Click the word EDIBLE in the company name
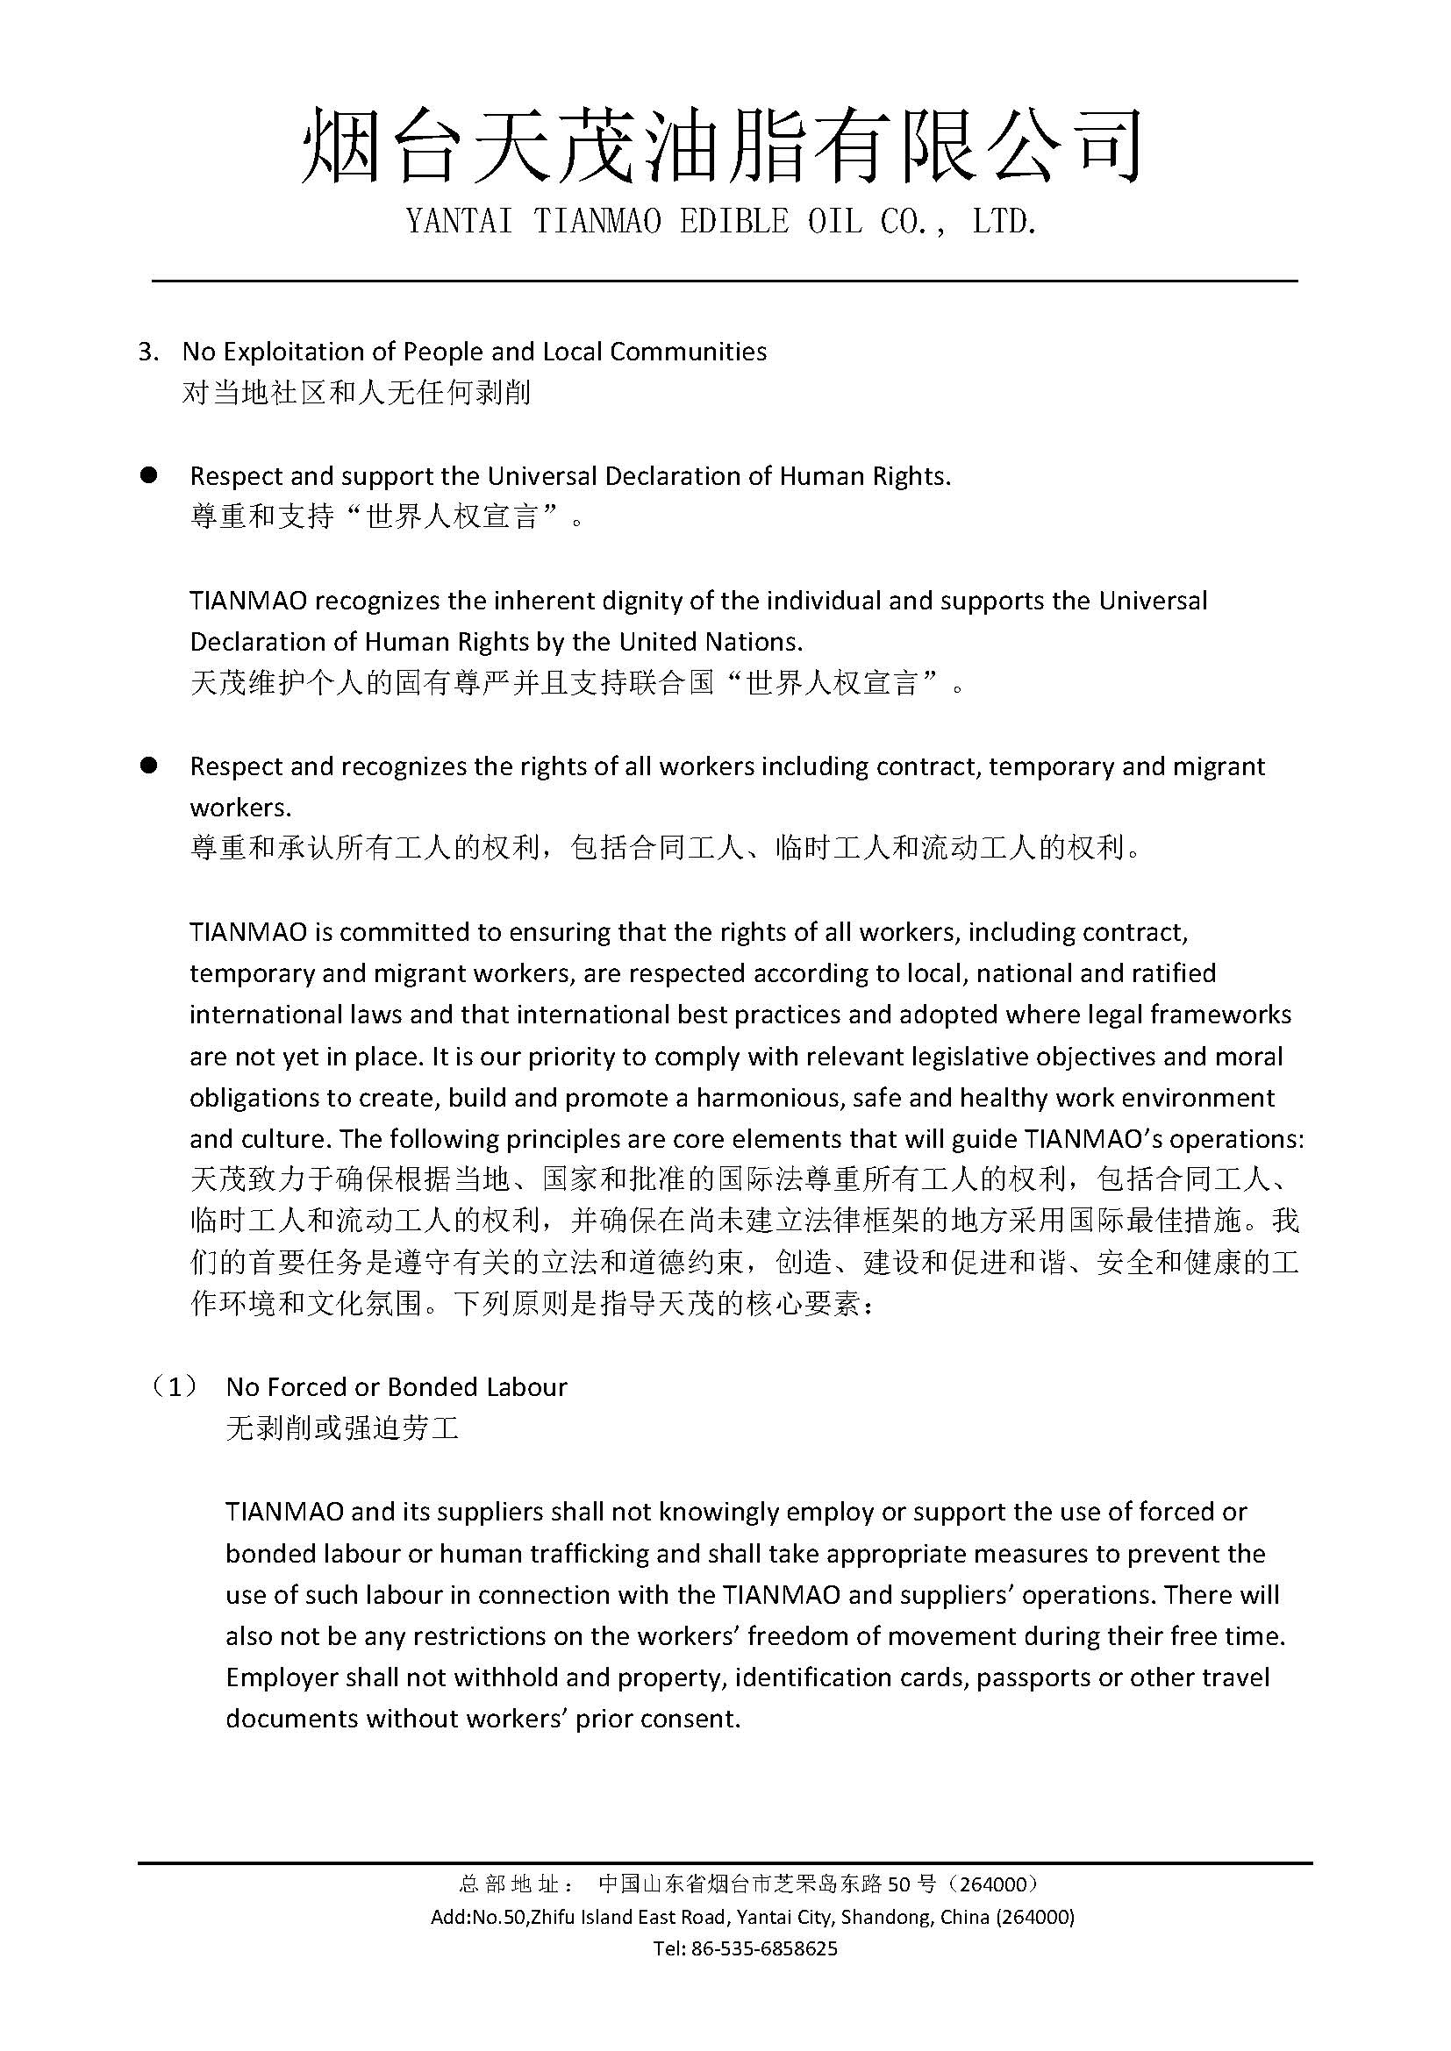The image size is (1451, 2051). coord(733,223)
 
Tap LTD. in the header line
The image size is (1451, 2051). coord(1004,223)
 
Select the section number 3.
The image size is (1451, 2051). coord(148,352)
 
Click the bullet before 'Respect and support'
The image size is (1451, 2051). coord(148,475)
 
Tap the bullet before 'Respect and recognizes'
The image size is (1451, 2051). coord(148,766)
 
